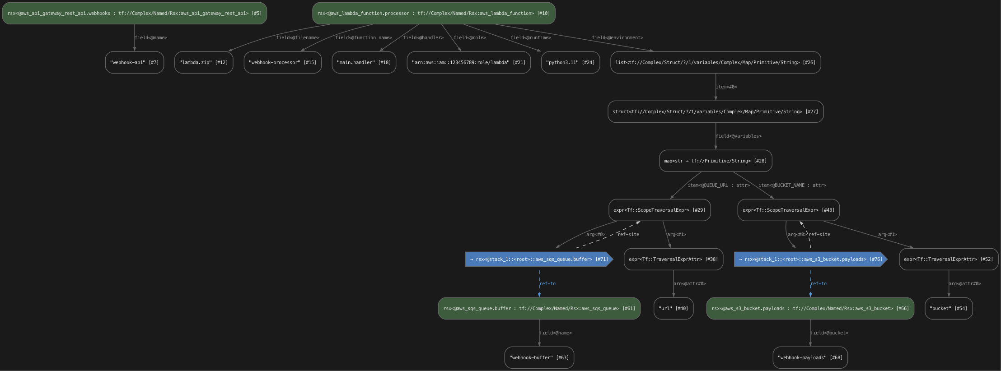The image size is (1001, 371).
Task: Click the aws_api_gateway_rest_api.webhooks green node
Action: [134, 13]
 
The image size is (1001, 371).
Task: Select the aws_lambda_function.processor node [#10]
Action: [433, 13]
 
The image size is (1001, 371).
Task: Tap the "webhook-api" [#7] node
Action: [134, 62]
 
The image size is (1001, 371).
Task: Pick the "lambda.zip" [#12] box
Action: [203, 62]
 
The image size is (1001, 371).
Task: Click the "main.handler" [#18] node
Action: [364, 62]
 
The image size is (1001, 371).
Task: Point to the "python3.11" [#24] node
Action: [570, 62]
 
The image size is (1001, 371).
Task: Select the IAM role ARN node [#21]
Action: [468, 62]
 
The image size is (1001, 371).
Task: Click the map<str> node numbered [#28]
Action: [715, 161]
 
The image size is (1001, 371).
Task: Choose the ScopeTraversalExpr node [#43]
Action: [788, 210]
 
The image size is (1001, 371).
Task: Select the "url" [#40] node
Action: [673, 308]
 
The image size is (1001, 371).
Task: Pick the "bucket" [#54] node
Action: [948, 308]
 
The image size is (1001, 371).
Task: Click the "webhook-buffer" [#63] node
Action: [539, 357]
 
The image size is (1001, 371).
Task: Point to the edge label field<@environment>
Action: [617, 37]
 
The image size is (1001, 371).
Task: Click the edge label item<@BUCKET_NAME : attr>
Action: [792, 185]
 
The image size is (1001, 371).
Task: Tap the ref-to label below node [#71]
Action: [547, 283]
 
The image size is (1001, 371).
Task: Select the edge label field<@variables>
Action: [738, 136]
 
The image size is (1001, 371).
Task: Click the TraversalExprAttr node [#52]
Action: [948, 259]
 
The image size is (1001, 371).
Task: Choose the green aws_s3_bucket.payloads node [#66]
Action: [810, 308]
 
